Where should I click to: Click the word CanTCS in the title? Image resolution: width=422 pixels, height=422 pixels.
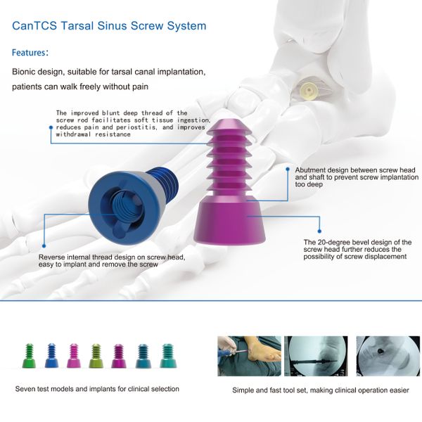(34, 26)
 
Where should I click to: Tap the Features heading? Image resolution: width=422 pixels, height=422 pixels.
(29, 53)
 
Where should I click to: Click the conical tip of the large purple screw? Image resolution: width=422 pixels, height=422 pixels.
(229, 126)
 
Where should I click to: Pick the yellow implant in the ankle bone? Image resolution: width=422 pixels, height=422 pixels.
(309, 91)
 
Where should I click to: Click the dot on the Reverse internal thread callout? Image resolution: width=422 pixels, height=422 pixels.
(44, 245)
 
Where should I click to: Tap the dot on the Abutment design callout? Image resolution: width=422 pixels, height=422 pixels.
(288, 170)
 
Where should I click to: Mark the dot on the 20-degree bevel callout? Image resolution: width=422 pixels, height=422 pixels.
(319, 231)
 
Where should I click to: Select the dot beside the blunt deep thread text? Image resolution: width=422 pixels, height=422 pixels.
(51, 127)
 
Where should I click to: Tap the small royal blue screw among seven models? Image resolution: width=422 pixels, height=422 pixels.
(51, 355)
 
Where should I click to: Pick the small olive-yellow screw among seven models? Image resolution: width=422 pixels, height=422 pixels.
(96, 356)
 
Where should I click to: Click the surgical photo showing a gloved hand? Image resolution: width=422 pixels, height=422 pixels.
(249, 356)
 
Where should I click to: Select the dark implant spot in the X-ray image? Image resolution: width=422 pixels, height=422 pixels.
(381, 351)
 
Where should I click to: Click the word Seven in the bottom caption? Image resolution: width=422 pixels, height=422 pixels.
(24, 389)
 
